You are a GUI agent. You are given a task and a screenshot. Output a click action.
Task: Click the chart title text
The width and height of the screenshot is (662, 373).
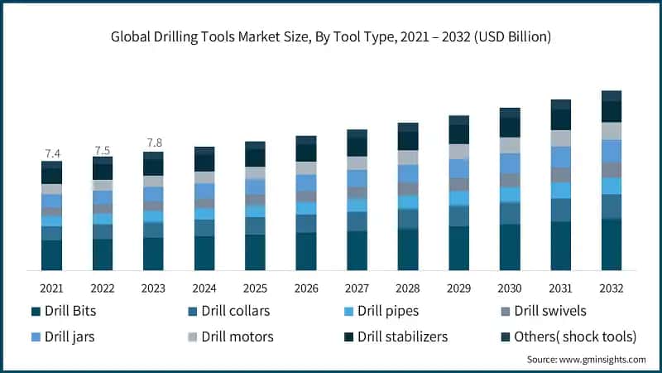(x=331, y=37)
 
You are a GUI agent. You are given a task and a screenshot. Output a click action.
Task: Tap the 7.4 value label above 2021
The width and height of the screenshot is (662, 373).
(x=52, y=153)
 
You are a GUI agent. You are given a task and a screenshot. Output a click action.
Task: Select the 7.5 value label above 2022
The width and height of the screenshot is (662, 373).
(x=103, y=150)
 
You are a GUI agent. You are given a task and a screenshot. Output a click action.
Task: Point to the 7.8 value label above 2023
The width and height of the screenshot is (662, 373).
(x=154, y=143)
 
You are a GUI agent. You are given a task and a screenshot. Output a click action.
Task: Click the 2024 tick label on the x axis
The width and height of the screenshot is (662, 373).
(x=204, y=288)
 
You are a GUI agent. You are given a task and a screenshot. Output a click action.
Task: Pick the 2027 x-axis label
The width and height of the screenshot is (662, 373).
(x=357, y=288)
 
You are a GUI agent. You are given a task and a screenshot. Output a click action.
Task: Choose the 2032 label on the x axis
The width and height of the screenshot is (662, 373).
(x=612, y=288)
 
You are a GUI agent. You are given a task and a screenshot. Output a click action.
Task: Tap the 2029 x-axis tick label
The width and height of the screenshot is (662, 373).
(x=458, y=288)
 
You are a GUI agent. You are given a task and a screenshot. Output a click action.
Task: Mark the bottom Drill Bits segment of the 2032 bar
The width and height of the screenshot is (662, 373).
(x=612, y=245)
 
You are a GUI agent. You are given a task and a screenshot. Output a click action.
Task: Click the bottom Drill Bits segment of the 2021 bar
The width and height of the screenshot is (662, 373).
(x=52, y=255)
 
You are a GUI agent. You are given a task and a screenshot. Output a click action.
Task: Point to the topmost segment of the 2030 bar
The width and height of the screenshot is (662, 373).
(x=510, y=113)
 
